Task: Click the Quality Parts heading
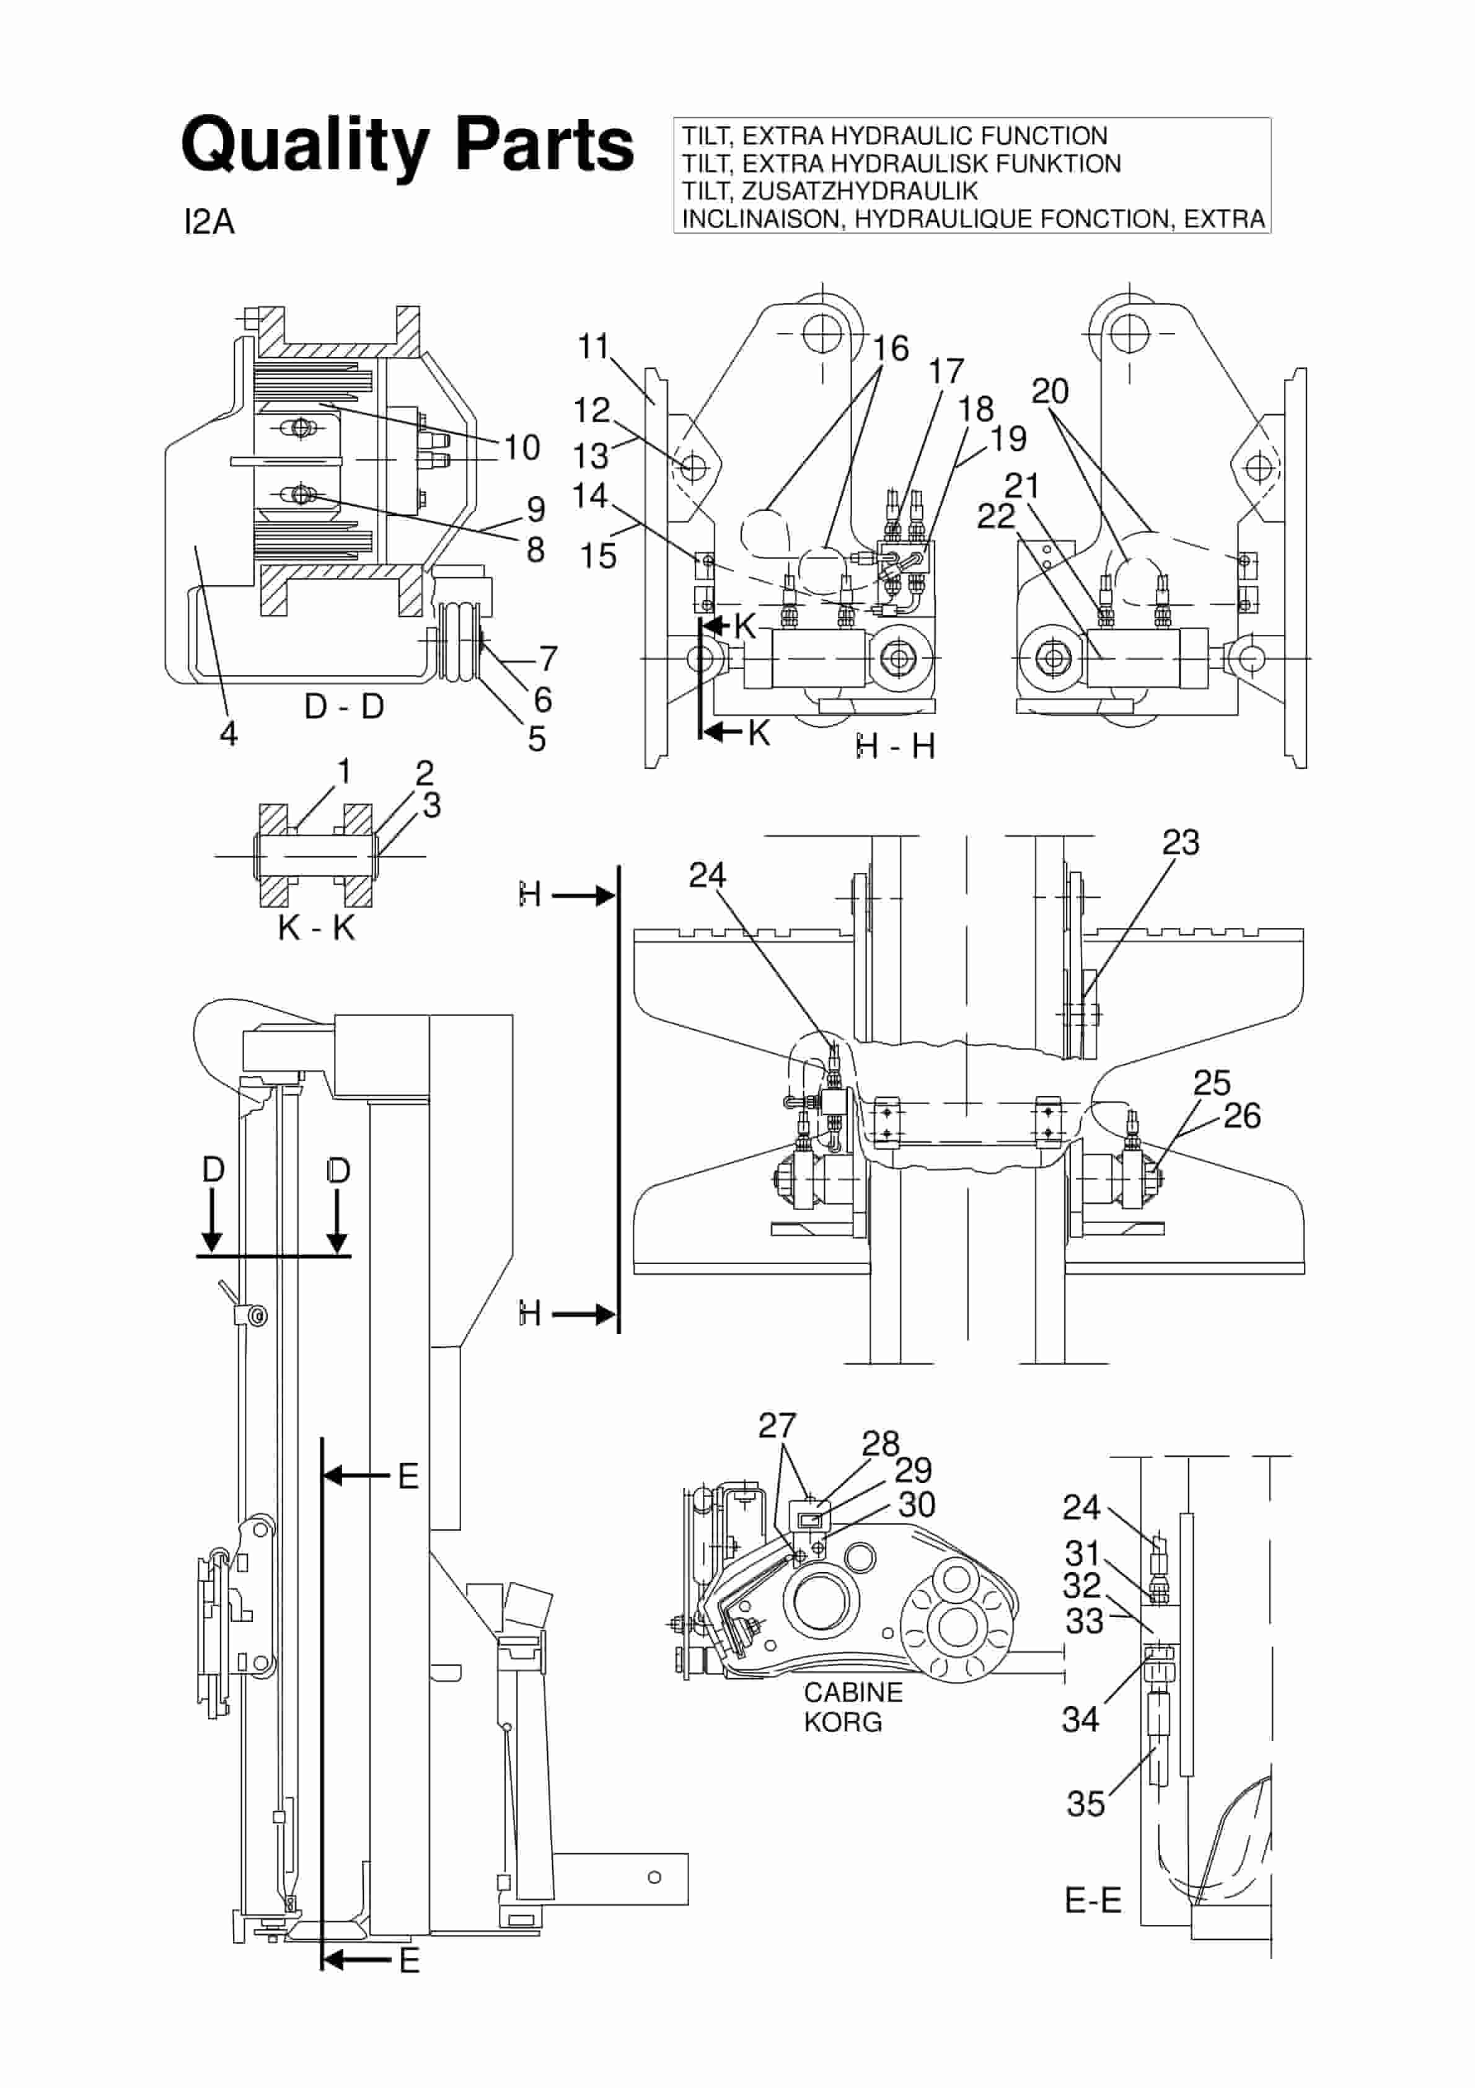coord(407,146)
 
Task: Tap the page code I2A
coord(209,222)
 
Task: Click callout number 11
coord(593,347)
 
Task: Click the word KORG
coord(842,1722)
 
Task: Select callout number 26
coord(1241,1116)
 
